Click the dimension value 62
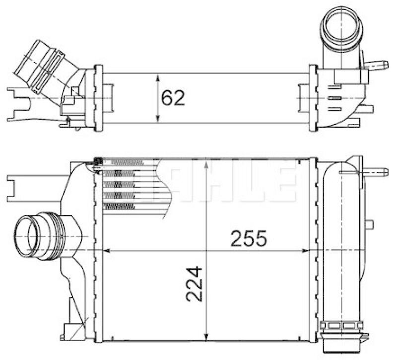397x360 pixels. click(x=173, y=98)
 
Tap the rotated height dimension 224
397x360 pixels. click(x=195, y=285)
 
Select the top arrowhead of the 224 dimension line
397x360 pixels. click(x=206, y=162)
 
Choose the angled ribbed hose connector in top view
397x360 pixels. click(x=40, y=65)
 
